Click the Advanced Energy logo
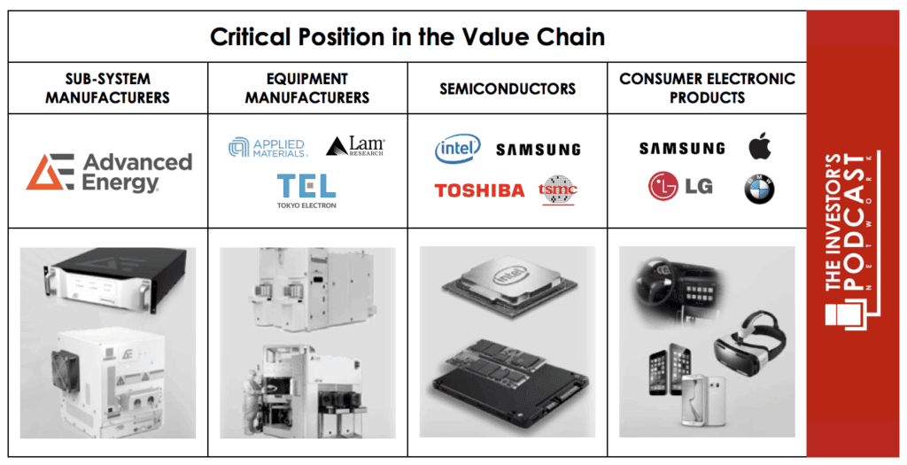pyautogui.click(x=109, y=172)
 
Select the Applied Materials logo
pyautogui.click(x=267, y=148)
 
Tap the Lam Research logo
pyautogui.click(x=355, y=146)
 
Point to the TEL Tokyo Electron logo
pyautogui.click(x=306, y=190)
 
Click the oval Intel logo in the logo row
pyautogui.click(x=458, y=149)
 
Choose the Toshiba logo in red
pyautogui.click(x=479, y=190)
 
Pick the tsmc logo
pyautogui.click(x=558, y=190)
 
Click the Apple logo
pyautogui.click(x=759, y=146)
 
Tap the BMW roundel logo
pyautogui.click(x=759, y=190)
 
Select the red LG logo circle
pyautogui.click(x=663, y=186)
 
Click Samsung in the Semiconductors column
pyautogui.click(x=538, y=150)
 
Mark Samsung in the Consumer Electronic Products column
pyautogui.click(x=682, y=149)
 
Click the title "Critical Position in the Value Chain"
pyautogui.click(x=407, y=37)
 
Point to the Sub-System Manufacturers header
pyautogui.click(x=107, y=88)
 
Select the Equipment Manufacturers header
pyautogui.click(x=307, y=88)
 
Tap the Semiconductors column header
pyautogui.click(x=508, y=89)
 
